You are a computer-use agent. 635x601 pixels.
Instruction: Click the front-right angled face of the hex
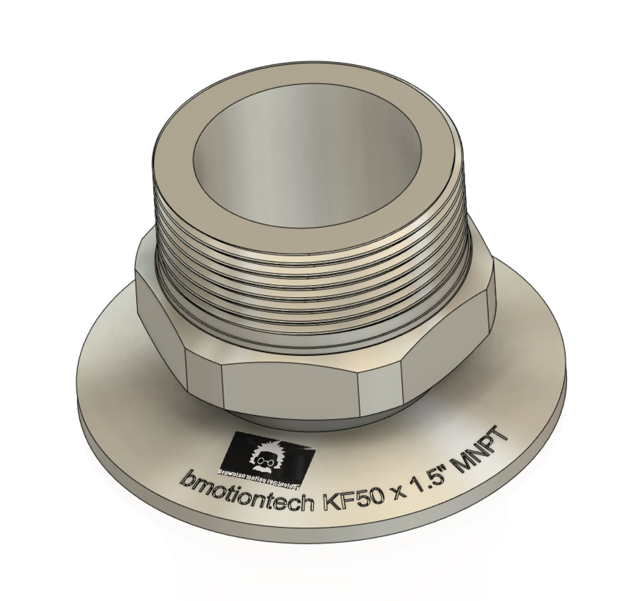tap(379, 384)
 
